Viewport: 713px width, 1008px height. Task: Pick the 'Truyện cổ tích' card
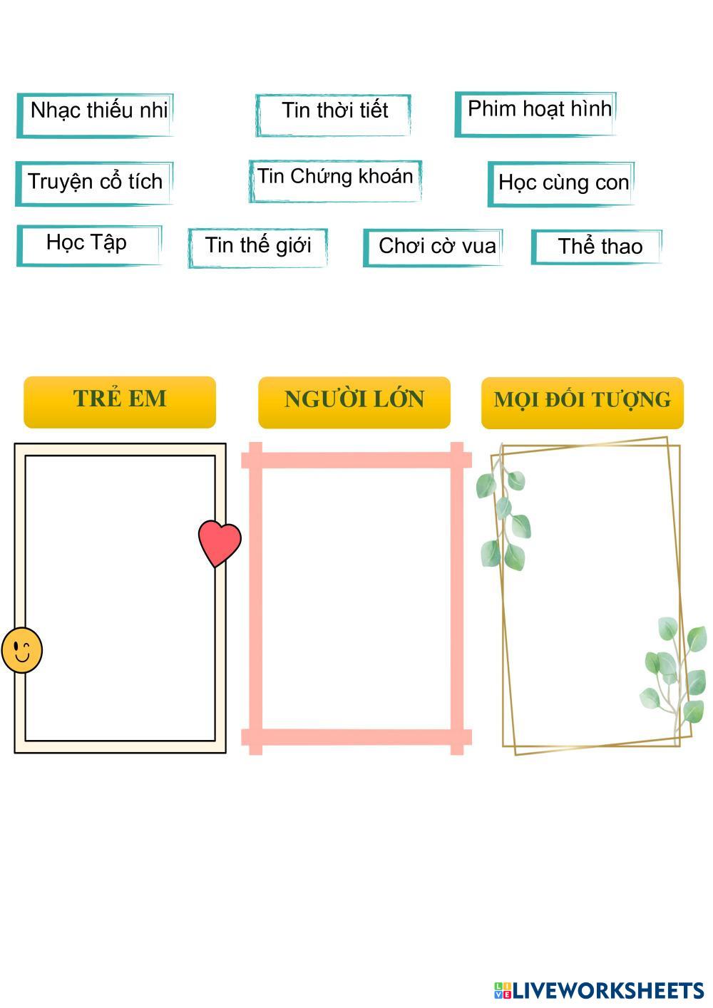[x=94, y=182]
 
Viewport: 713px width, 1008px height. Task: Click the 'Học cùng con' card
[x=561, y=183]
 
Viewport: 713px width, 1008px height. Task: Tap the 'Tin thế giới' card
[x=257, y=247]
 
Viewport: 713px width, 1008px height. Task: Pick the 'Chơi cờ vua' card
[x=434, y=247]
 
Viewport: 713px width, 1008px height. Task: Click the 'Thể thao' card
[x=597, y=247]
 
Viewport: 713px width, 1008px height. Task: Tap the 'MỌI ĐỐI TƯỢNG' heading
[x=582, y=401]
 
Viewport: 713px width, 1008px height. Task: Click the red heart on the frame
[x=220, y=542]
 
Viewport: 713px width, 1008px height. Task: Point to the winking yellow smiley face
[x=21, y=649]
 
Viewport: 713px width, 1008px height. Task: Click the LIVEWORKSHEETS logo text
[x=607, y=990]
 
